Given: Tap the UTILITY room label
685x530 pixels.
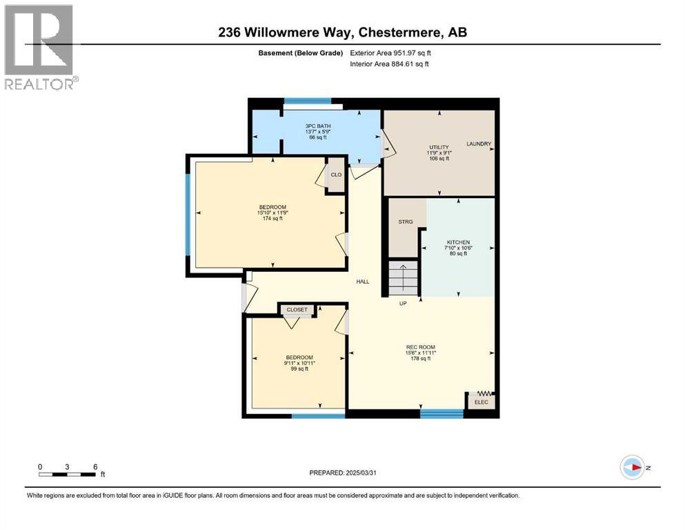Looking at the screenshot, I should [439, 147].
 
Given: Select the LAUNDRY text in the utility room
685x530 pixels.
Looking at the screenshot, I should [479, 144].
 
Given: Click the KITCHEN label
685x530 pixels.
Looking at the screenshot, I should [458, 242].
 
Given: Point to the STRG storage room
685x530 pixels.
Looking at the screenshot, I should [406, 222].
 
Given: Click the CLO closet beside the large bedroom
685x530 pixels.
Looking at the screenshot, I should [336, 175].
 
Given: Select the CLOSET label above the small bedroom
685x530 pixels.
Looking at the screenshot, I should [297, 311].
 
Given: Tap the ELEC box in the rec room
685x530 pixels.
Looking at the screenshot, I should [481, 402].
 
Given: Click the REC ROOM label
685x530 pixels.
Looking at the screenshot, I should [420, 347].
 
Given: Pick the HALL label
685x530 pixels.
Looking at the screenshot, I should [363, 282].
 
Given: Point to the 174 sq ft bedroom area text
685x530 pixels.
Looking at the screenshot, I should [272, 219].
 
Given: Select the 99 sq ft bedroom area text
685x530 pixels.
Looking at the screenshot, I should [298, 369].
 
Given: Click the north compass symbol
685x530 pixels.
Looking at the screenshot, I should [632, 467].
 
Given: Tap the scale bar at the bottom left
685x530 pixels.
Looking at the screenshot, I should [67, 473].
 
